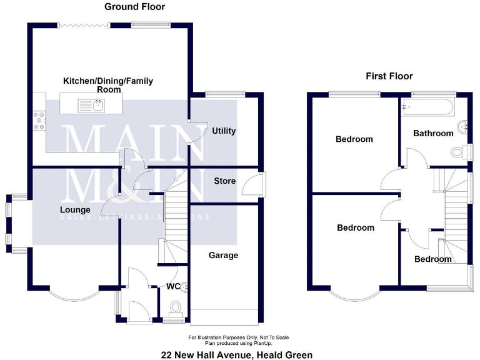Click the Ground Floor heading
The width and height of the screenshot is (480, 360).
click(x=134, y=7)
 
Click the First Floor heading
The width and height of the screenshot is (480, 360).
click(x=389, y=76)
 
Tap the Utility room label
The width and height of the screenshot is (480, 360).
click(x=224, y=131)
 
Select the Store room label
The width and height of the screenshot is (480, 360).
click(x=225, y=181)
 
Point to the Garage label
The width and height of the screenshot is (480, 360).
click(x=223, y=255)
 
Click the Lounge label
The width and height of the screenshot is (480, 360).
click(x=75, y=209)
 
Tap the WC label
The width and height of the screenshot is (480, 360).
click(x=173, y=287)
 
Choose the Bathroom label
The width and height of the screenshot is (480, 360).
click(x=433, y=133)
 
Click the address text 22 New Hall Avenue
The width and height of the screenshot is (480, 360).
click(x=236, y=354)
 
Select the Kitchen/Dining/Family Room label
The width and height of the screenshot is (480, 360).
click(x=108, y=85)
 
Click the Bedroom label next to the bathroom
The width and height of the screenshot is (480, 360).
click(x=354, y=139)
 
